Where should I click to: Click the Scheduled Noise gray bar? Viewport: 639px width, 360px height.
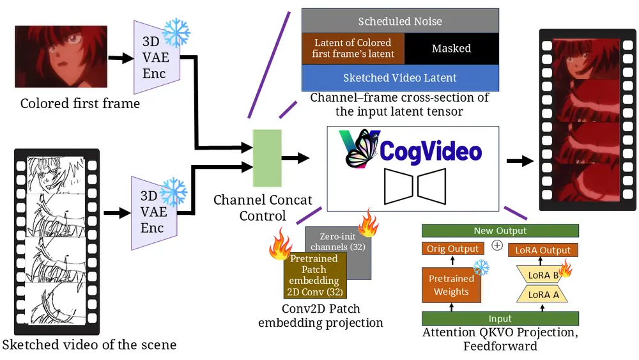tap(400, 21)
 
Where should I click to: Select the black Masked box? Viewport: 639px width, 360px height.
tap(451, 49)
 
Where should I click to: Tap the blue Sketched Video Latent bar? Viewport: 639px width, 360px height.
tap(400, 78)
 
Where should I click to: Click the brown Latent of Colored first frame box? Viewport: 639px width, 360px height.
tap(353, 49)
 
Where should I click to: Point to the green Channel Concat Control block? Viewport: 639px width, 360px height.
tap(267, 158)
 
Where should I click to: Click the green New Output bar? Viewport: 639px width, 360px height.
tap(500, 231)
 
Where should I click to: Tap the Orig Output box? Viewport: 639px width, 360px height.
tap(451, 249)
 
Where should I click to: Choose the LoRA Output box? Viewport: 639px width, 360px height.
tap(543, 250)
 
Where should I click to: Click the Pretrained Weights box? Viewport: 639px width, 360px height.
tap(451, 285)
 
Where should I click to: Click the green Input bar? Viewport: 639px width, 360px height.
tap(500, 318)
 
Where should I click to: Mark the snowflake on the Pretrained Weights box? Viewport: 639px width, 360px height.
tap(481, 267)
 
